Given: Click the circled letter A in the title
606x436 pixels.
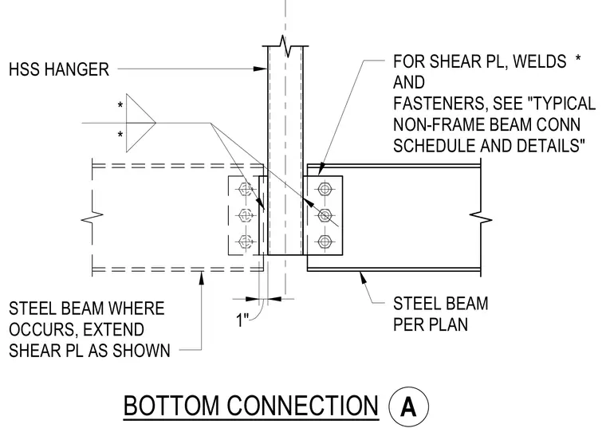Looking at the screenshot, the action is click(408, 407).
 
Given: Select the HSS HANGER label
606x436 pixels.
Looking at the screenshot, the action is click(59, 70).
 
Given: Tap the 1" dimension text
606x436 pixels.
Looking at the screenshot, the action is click(242, 320).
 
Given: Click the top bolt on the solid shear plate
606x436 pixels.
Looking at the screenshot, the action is click(325, 189).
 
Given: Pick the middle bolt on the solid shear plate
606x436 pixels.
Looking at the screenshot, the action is click(325, 215).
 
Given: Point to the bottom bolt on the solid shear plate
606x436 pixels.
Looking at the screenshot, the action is click(325, 242).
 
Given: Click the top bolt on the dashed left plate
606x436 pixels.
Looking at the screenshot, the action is click(245, 189).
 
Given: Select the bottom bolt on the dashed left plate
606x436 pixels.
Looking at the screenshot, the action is click(245, 242).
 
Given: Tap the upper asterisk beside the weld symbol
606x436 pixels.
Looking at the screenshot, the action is click(120, 105).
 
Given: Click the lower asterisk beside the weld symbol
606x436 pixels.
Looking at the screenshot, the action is click(120, 136).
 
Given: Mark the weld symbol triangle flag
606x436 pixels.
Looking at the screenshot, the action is click(140, 123).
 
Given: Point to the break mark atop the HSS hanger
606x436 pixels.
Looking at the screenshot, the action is click(286, 46).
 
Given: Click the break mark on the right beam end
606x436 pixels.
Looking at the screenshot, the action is click(480, 219).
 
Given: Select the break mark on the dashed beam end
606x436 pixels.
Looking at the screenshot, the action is click(92, 218).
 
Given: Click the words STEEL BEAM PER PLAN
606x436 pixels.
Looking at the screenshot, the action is click(441, 314).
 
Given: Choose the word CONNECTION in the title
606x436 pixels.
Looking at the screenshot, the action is click(302, 406).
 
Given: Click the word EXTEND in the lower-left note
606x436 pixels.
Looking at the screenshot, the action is click(113, 330).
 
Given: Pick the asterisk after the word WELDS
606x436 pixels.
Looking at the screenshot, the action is click(578, 59).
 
